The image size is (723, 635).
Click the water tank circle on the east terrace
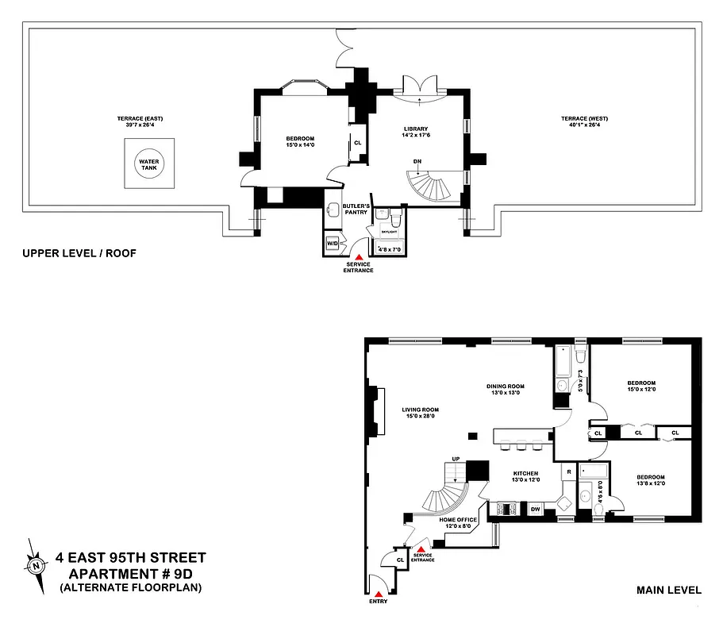[149, 165]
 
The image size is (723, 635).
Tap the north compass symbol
[37, 565]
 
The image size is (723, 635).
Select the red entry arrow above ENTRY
[379, 593]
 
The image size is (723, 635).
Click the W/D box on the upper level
[333, 244]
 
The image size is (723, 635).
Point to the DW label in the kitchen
[536, 509]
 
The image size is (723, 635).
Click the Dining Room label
[506, 387]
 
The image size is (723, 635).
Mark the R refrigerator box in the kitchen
[568, 472]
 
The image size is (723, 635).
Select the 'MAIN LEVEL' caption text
[669, 590]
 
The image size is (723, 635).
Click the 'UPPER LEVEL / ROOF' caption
[80, 254]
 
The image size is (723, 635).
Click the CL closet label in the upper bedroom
[357, 143]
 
